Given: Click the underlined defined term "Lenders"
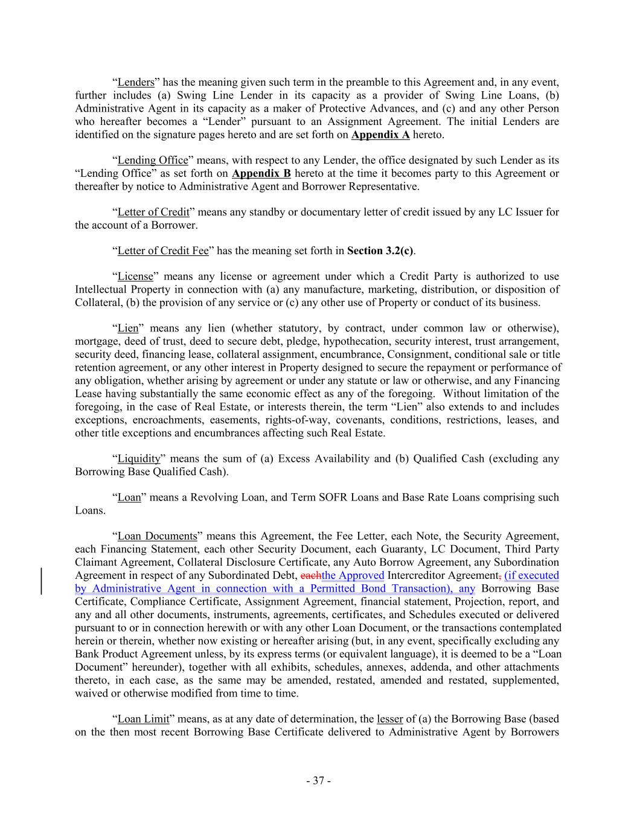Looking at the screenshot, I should tap(136, 83).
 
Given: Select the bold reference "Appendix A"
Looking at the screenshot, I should tap(380, 135).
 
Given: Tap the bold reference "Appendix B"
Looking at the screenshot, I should tap(261, 174).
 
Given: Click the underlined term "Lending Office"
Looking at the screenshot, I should tap(153, 161).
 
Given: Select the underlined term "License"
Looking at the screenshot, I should tap(135, 277).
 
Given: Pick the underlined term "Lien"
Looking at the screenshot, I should tap(128, 329).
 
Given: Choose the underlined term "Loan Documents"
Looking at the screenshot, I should tap(157, 537).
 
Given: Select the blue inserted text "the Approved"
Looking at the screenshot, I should tap(353, 576).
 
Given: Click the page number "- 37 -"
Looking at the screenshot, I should tap(318, 781).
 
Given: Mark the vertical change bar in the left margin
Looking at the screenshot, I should tap(41, 582).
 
